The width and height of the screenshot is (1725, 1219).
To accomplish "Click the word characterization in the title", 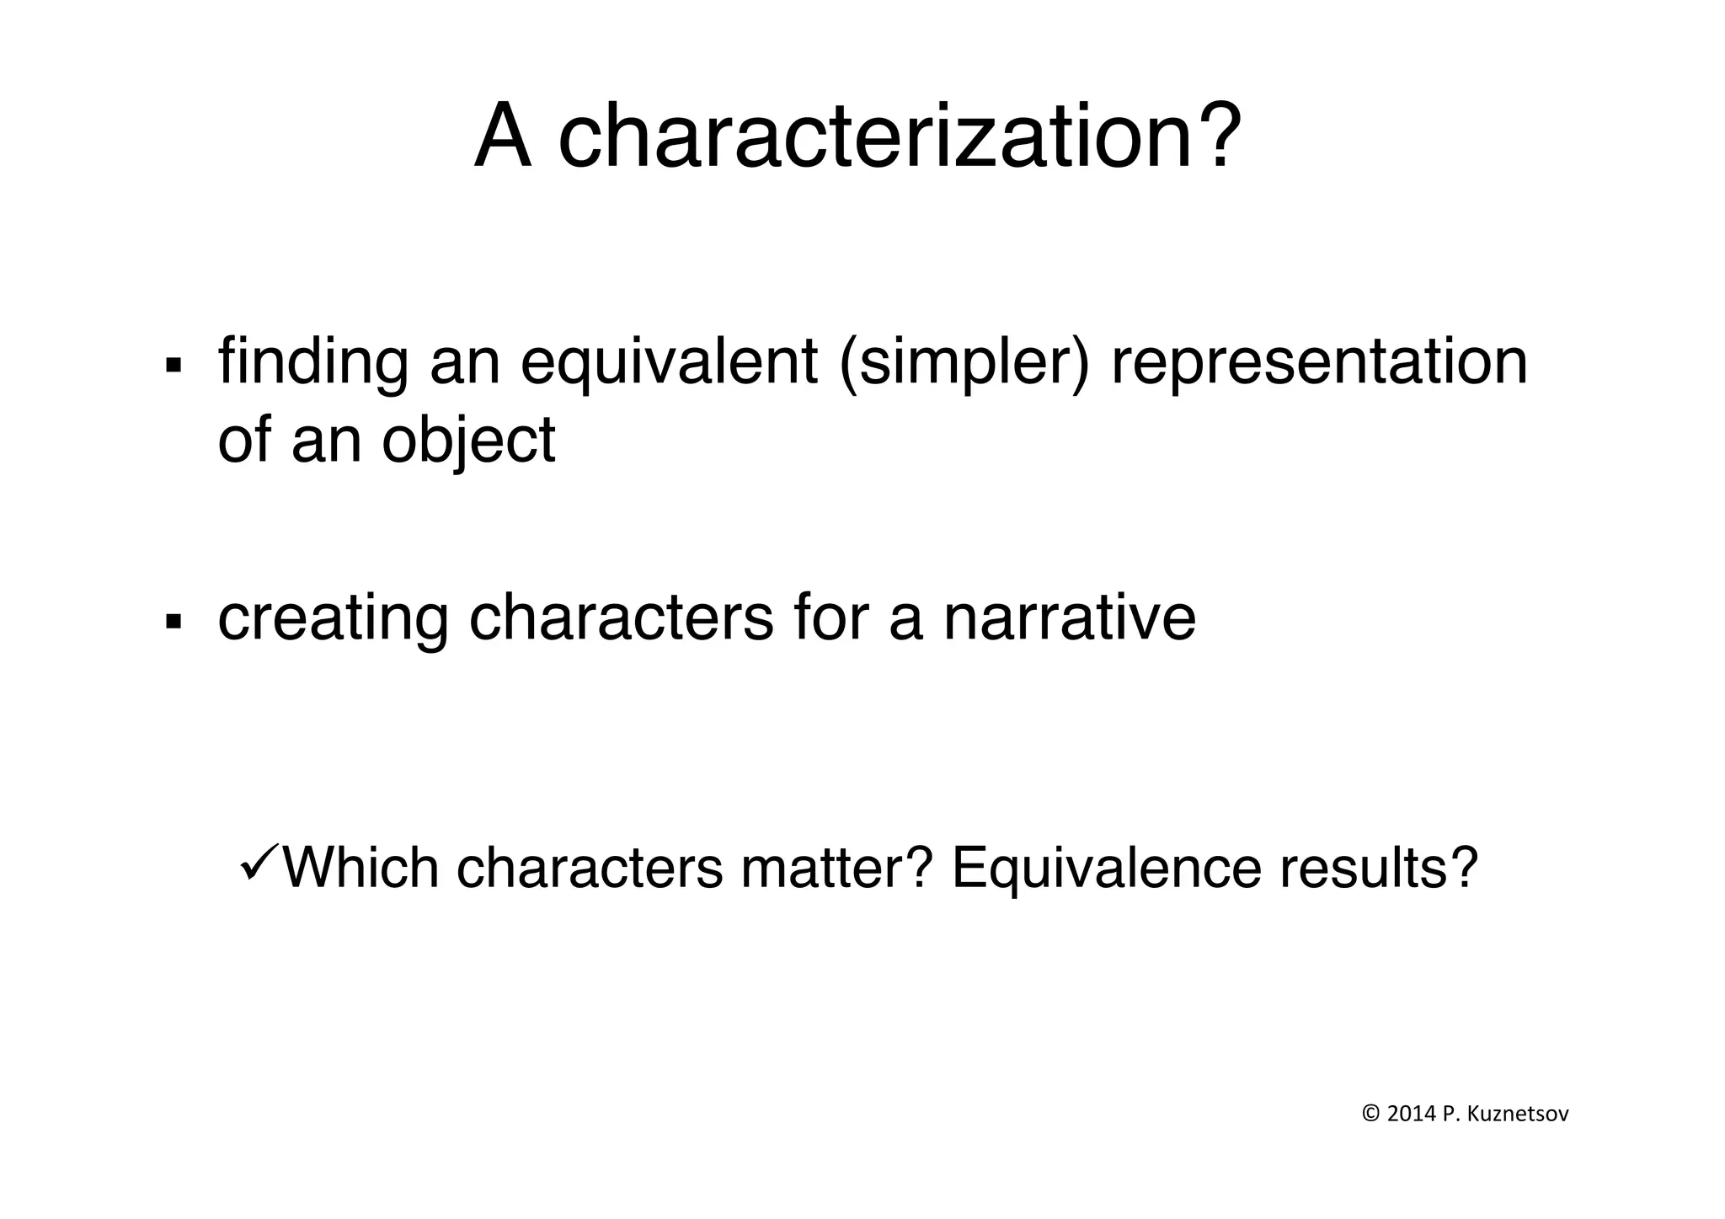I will (x=900, y=137).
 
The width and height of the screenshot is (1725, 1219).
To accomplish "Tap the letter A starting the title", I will (x=504, y=137).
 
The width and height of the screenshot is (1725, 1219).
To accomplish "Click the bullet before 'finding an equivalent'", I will (x=174, y=365).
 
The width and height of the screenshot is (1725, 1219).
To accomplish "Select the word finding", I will (x=313, y=362).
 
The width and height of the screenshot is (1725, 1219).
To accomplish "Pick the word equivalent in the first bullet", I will (x=670, y=362).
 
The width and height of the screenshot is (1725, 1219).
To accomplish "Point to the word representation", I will (x=1319, y=362).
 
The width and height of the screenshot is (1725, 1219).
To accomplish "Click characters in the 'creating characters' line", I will (x=621, y=618).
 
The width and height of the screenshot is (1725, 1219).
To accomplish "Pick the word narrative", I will (x=1069, y=618).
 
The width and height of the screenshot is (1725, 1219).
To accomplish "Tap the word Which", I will (x=360, y=868).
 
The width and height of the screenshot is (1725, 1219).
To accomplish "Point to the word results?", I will (x=1379, y=868).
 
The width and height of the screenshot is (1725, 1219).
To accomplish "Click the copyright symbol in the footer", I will (x=1370, y=1115).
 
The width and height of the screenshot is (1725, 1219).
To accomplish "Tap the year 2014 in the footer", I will (x=1411, y=1115).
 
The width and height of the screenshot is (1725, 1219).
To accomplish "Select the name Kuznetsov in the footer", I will (x=1518, y=1115).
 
